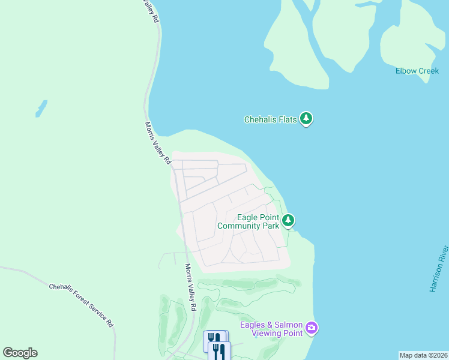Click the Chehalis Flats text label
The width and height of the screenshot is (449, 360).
pos(270,119)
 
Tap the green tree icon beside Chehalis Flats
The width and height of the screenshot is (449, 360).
pos(307,118)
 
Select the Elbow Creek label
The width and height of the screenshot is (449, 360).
pos(417,71)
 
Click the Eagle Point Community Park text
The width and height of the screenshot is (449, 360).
pos(249,221)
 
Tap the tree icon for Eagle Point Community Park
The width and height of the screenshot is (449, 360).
pos(289,221)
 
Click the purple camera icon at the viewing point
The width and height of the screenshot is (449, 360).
pos(311,328)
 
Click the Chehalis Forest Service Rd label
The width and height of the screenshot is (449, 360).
pos(81,305)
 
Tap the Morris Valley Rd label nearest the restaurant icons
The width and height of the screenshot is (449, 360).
pos(190,287)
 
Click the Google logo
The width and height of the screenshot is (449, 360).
pos(20,353)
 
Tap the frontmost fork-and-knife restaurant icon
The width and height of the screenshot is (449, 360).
pos(220,352)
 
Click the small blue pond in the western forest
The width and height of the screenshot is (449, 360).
pos(41,109)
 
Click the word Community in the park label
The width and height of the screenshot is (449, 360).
pos(239,226)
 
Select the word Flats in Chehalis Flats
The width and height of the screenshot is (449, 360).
pos(286,119)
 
